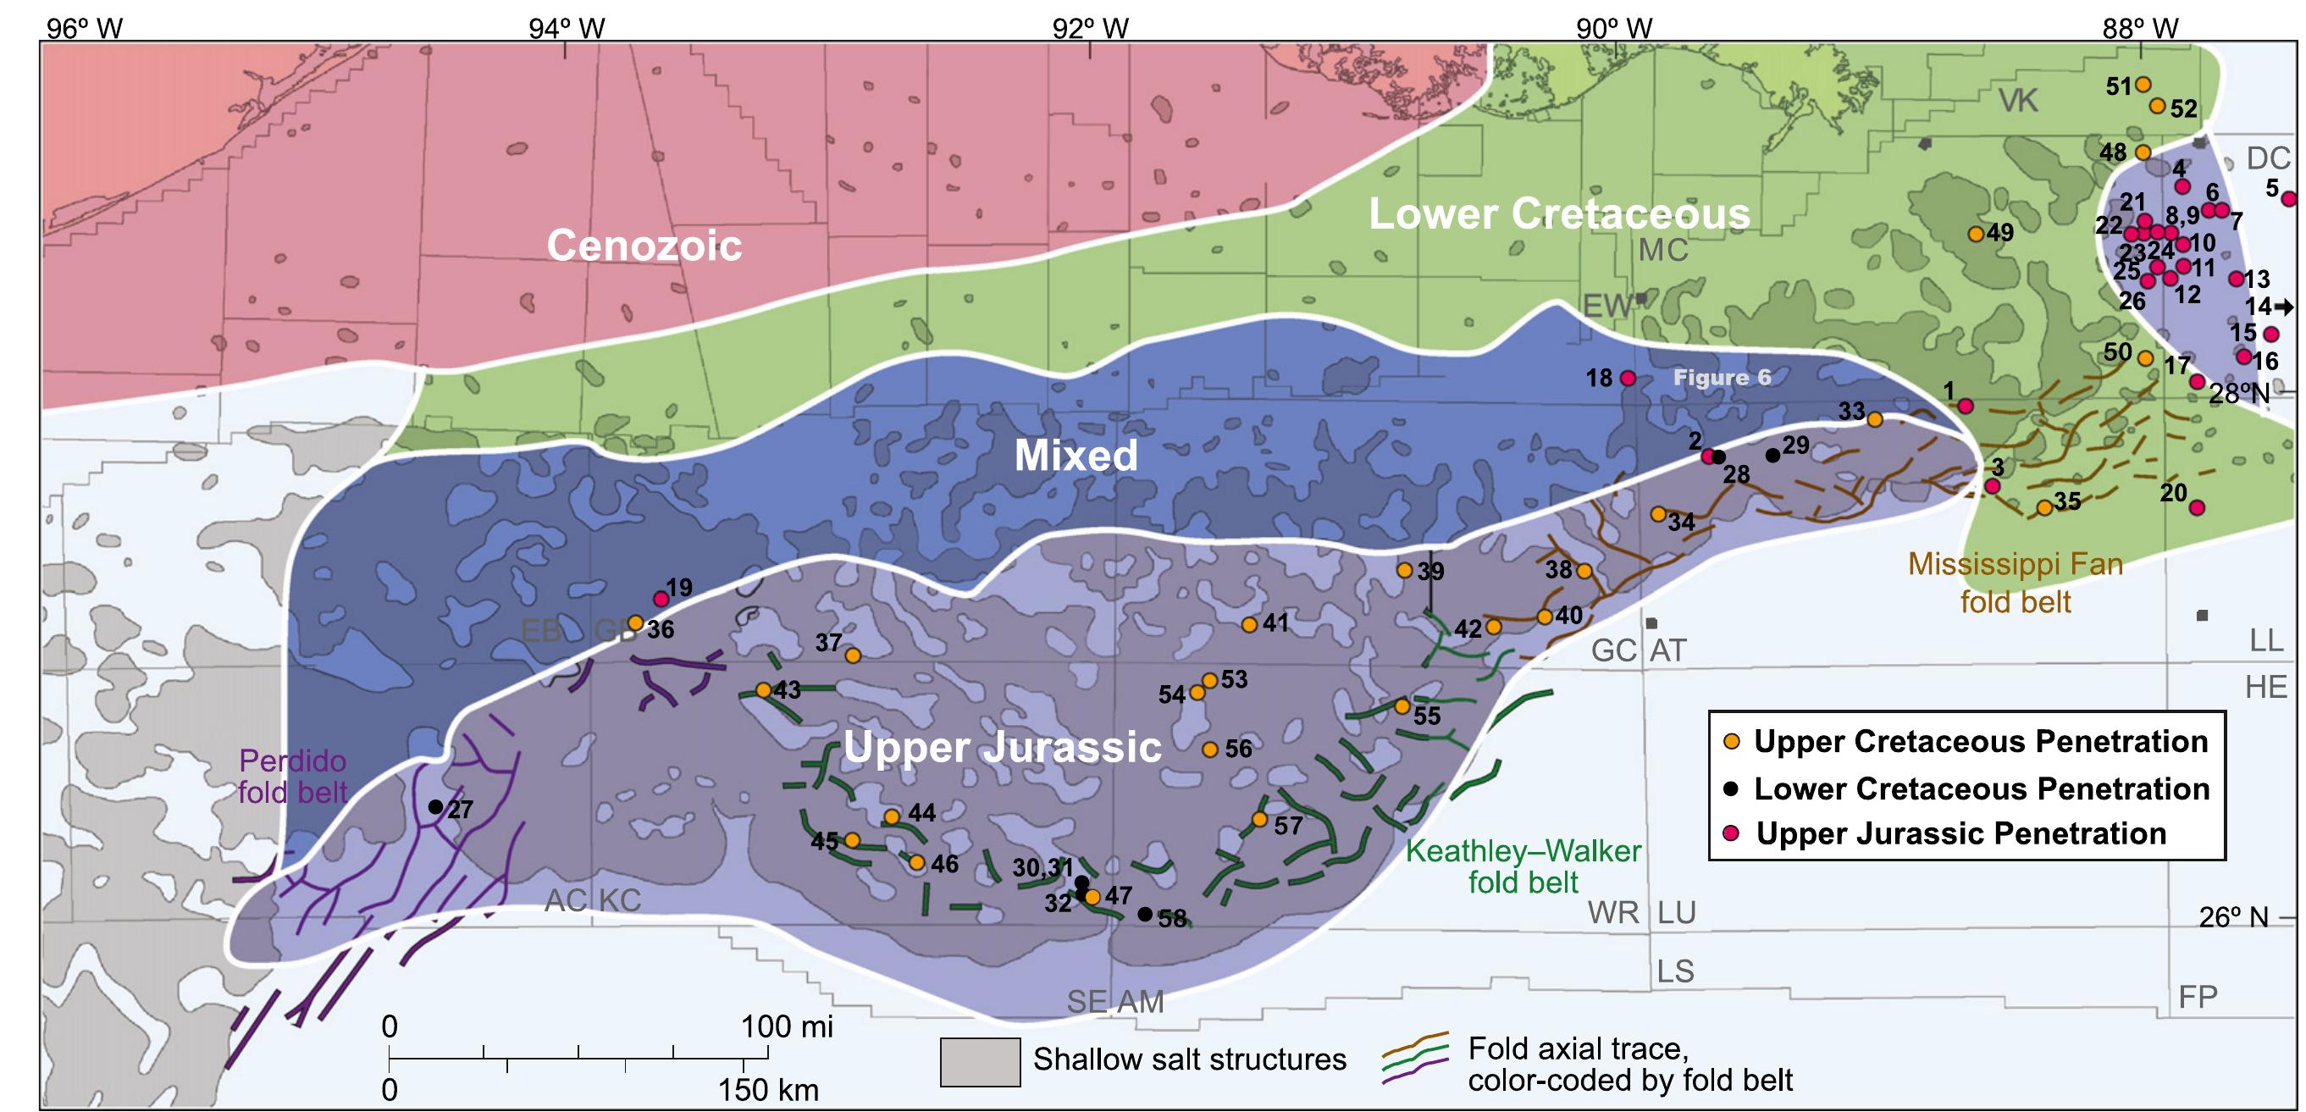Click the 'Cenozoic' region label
point(644,246)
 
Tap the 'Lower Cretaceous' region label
point(1558,214)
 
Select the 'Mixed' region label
point(1076,456)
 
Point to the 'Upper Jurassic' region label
point(1002,747)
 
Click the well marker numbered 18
point(1628,378)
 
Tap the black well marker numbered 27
point(435,807)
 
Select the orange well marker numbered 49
point(1975,234)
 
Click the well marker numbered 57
point(1258,819)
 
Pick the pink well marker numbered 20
point(2196,507)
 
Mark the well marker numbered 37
point(852,656)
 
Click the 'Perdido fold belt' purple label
point(292,777)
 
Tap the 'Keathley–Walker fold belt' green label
point(1523,866)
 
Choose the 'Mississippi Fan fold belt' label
point(2015,582)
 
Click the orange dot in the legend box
point(1731,741)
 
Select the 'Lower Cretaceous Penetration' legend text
point(1981,788)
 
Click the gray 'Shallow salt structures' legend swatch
point(979,1062)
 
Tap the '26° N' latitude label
point(2233,917)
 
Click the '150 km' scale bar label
point(768,1090)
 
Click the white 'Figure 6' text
point(1722,378)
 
